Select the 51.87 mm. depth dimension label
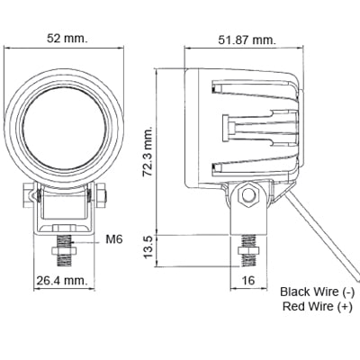coord(246,40)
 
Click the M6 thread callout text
coord(114,239)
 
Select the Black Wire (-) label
coord(317,292)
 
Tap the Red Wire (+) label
coord(317,307)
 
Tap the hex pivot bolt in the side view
coord(249,193)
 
